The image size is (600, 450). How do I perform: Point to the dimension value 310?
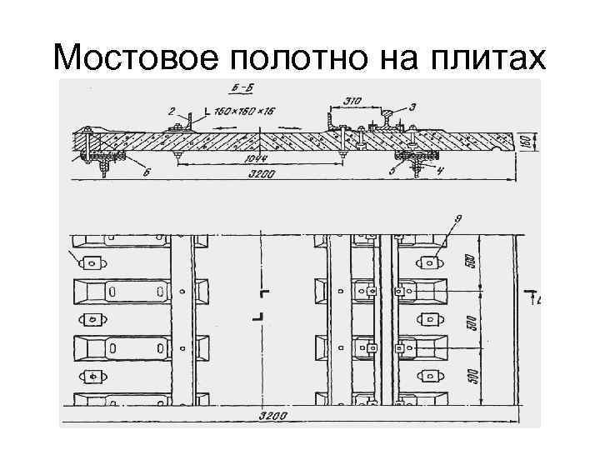(352, 102)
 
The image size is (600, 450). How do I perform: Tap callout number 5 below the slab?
(391, 172)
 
